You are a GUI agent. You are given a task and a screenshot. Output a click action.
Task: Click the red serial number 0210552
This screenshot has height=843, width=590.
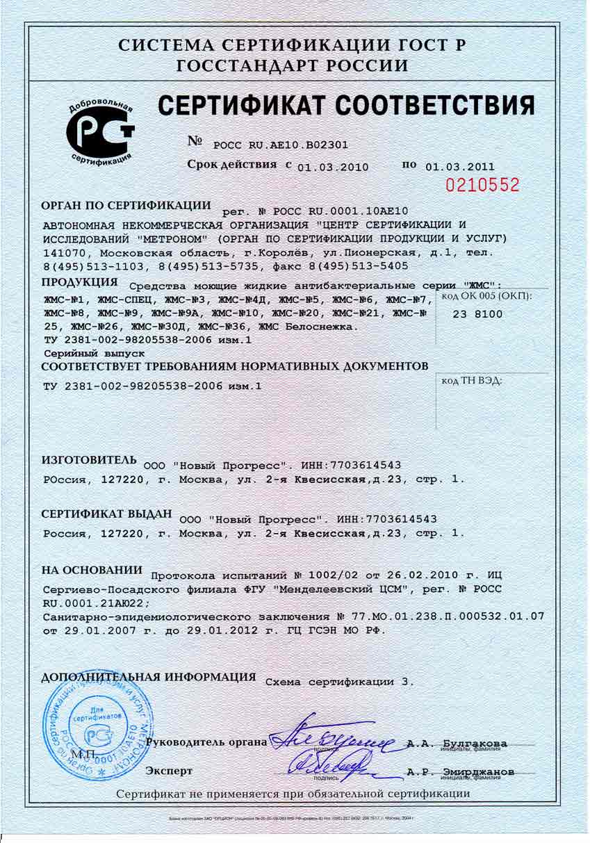click(x=482, y=185)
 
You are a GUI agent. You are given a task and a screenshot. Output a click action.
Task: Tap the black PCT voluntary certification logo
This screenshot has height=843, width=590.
click(x=99, y=131)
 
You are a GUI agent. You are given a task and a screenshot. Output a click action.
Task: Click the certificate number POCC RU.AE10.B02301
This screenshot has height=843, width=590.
click(x=280, y=145)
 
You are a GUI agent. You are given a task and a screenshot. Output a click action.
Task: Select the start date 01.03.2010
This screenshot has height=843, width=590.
click(x=332, y=167)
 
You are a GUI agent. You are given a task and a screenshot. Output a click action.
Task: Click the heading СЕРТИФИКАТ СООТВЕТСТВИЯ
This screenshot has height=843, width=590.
click(x=346, y=106)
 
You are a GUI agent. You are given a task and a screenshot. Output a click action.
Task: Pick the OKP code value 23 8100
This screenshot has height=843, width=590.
click(x=477, y=314)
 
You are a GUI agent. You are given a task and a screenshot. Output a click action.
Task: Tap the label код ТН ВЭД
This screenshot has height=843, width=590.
click(x=472, y=380)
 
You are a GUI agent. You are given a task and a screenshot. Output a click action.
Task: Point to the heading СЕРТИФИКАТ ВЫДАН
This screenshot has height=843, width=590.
click(x=106, y=514)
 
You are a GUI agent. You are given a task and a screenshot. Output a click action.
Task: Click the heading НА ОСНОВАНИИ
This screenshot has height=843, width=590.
click(x=92, y=571)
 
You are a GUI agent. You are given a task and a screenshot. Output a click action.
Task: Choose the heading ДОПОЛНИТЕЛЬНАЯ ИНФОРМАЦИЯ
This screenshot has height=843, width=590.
click(x=149, y=677)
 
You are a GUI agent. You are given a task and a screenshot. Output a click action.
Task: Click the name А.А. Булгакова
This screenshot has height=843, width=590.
click(x=457, y=743)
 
